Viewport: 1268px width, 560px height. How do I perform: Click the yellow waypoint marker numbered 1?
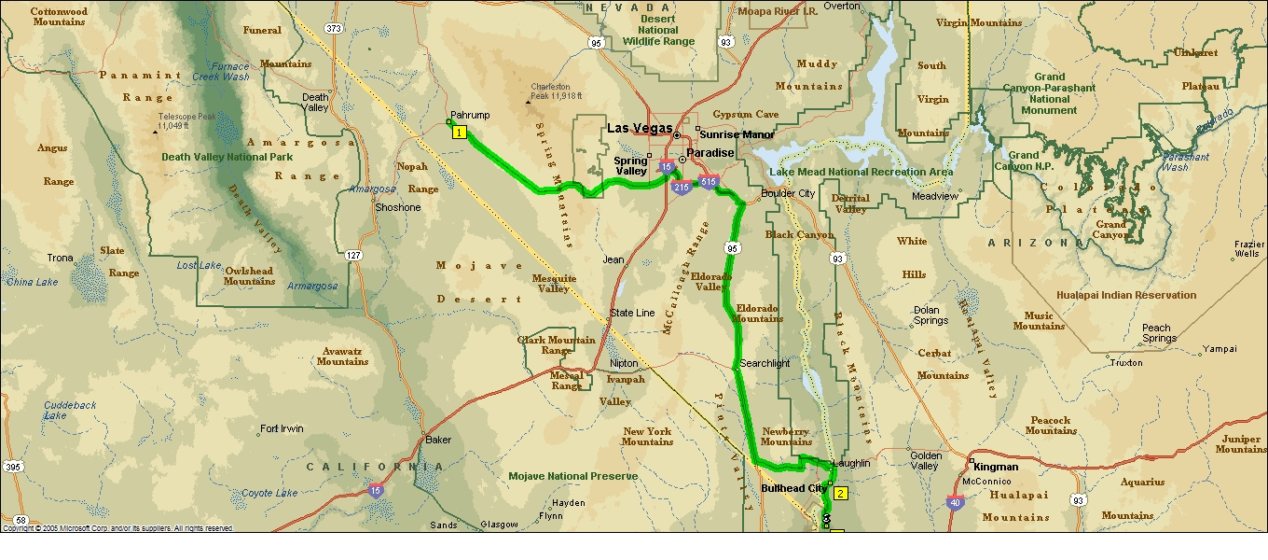point(459,133)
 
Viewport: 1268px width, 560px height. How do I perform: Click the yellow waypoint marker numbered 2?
point(840,494)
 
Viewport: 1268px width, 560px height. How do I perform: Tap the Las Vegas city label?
point(640,128)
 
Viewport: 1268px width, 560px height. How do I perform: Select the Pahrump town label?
point(470,116)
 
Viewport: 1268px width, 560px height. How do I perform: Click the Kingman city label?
point(996,466)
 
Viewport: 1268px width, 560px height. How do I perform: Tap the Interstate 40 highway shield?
point(956,503)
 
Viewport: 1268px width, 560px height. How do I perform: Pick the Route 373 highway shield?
point(334,29)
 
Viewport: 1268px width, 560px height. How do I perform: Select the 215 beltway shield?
point(681,188)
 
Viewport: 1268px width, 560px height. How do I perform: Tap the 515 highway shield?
point(709,181)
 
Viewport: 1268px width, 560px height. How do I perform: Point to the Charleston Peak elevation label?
point(556,91)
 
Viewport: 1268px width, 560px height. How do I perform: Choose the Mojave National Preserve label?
point(573,476)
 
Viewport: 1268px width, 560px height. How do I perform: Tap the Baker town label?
point(438,440)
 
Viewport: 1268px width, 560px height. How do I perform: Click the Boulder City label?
point(788,193)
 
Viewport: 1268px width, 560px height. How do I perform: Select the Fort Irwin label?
point(282,429)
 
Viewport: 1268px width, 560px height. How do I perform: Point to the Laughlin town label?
point(852,463)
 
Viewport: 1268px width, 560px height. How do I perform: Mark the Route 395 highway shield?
point(13,467)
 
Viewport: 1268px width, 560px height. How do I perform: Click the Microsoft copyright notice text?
point(117,528)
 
